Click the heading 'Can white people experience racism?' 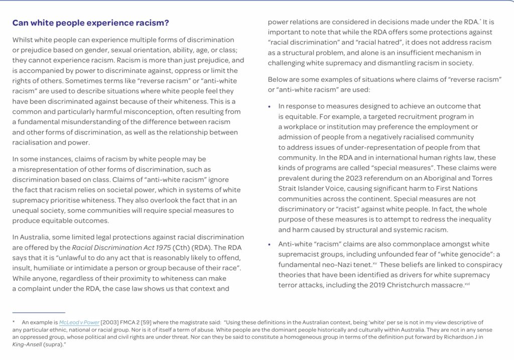pos(90,23)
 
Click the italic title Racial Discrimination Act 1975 pos(121,247)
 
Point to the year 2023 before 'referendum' pos(349,178)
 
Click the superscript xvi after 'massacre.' pos(467,283)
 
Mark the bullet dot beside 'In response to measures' pos(270,106)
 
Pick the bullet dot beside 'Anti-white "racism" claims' pos(270,245)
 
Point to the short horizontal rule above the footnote pos(39,312)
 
